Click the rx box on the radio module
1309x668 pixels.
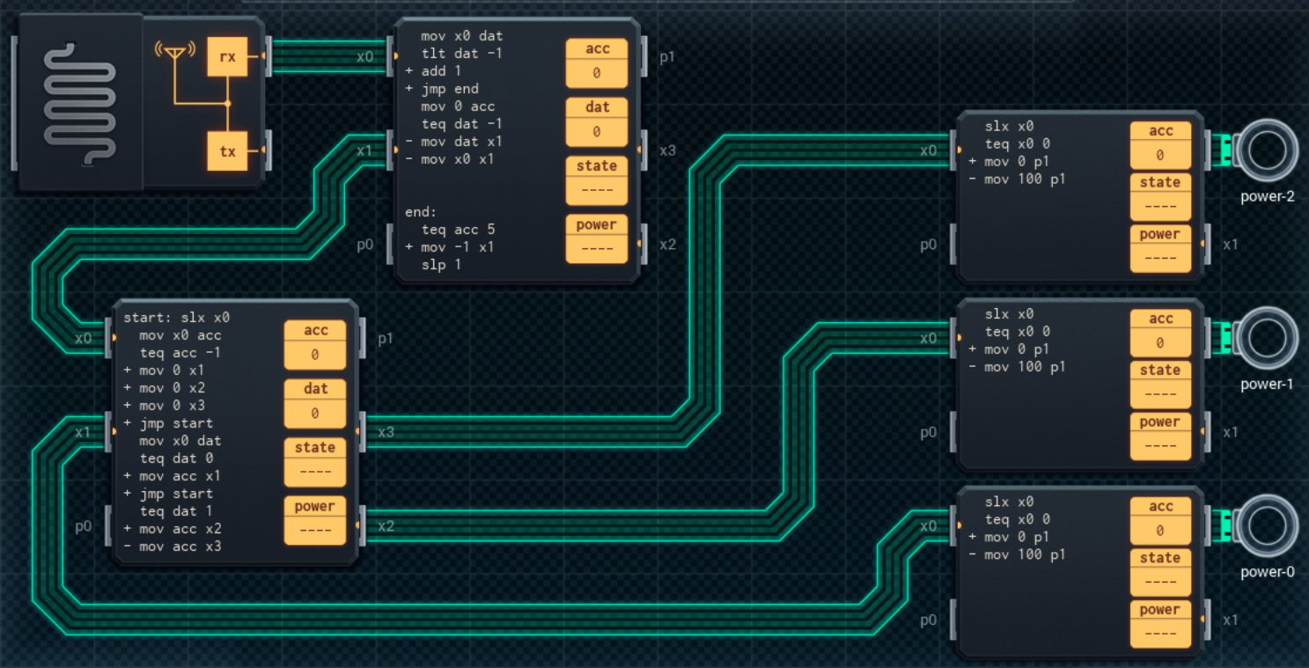[227, 56]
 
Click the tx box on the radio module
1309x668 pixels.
[227, 151]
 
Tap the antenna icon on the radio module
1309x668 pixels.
[175, 52]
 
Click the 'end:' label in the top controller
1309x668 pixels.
[420, 212]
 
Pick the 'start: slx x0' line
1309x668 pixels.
[176, 318]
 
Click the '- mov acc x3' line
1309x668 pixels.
[173, 547]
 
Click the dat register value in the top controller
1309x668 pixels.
[596, 132]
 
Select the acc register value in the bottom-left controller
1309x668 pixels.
[314, 355]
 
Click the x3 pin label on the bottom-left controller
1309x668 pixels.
[386, 432]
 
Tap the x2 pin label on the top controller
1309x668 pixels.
[667, 245]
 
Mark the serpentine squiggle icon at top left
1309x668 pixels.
[80, 101]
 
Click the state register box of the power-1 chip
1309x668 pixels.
[1159, 382]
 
